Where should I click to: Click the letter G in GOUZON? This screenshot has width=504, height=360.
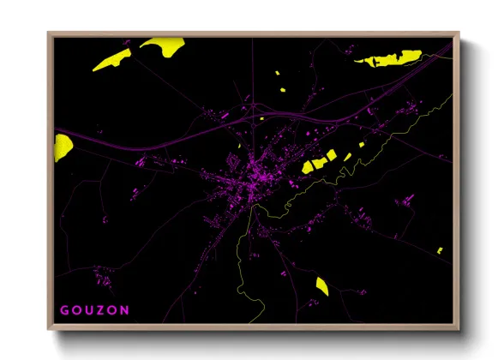[63, 310]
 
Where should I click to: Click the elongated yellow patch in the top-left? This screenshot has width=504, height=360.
[111, 60]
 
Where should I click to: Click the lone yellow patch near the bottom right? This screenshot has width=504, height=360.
[321, 286]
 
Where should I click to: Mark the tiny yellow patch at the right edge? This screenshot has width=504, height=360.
[440, 250]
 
